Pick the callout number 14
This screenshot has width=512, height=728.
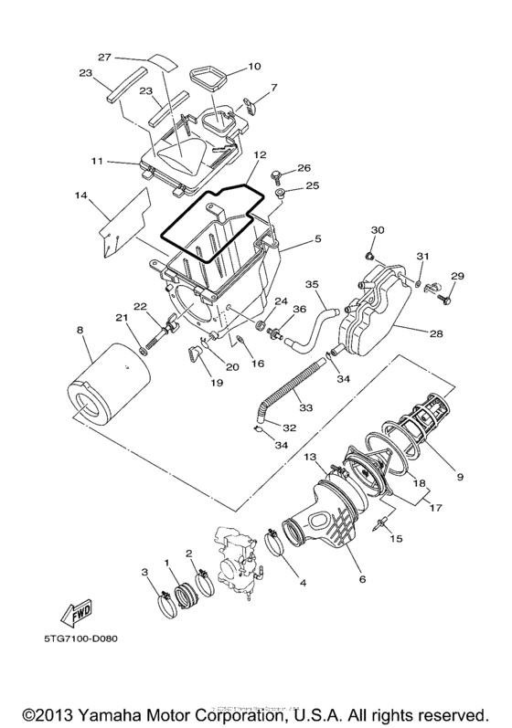80,195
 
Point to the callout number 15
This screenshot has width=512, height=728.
398,540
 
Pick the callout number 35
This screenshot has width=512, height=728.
312,284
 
